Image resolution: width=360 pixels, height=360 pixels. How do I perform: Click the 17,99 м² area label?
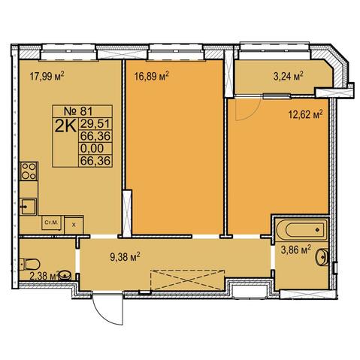47,76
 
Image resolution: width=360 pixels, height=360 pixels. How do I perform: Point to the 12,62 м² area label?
305,115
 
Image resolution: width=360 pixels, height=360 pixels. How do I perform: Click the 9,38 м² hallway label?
125,256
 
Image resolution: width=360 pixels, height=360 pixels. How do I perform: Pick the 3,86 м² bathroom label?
296,250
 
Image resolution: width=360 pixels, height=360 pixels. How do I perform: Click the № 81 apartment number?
78,111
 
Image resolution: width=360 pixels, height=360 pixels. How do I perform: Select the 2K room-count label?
65,126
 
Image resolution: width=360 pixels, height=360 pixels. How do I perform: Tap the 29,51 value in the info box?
95,123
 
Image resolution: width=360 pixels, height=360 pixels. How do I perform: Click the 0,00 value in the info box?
92,148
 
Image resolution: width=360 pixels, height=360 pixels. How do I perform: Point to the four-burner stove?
29,171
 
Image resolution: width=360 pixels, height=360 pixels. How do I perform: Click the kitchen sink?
29,207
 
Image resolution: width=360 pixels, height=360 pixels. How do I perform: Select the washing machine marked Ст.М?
52,222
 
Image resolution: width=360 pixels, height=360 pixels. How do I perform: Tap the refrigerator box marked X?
74,225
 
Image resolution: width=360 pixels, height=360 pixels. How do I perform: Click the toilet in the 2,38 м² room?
30,264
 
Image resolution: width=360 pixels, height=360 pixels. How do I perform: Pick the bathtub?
302,229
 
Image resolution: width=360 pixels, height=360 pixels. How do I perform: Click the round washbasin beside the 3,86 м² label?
322,257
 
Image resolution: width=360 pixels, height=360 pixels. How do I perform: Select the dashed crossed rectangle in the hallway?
187,280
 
